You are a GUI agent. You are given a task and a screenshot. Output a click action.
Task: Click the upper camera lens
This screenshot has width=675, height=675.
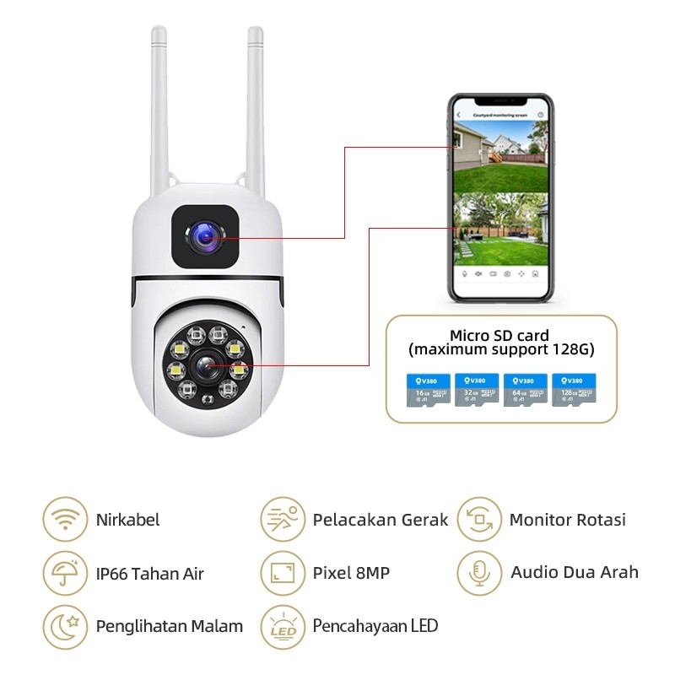coord(205,239)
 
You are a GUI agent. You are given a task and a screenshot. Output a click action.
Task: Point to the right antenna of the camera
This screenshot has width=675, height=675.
coord(255,110)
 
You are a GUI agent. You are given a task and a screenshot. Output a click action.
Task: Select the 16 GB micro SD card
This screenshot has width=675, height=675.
coord(426,391)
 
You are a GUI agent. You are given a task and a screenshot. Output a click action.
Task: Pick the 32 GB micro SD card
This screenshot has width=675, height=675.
coord(475,391)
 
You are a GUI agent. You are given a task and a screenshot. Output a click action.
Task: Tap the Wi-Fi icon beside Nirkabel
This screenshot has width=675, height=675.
coord(64,520)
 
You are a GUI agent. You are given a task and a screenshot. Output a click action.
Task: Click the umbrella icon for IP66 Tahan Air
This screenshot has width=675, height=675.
coord(64,574)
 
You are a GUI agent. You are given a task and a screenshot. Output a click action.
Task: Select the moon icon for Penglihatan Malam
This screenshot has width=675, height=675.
coord(64,626)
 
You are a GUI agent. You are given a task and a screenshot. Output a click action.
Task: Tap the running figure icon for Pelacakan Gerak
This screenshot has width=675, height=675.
coord(282,520)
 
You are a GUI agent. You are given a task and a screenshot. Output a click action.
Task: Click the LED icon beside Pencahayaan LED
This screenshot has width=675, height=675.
coord(282,626)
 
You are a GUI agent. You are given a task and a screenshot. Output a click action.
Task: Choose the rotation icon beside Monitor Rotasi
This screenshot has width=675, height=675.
coord(479,520)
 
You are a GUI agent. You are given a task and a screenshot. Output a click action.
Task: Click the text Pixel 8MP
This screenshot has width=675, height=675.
coord(351,574)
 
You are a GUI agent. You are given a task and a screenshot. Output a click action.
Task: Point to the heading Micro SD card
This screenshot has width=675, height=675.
coord(499,335)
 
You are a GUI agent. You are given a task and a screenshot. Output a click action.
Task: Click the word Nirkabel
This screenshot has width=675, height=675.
coord(127,520)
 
